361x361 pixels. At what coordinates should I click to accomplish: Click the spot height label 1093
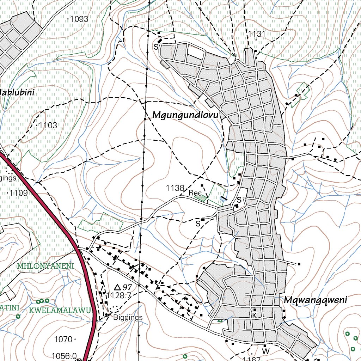79,19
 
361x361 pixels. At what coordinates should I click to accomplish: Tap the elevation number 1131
256,34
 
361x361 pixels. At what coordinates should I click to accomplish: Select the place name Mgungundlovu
186,115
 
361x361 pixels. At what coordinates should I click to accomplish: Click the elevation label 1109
18,193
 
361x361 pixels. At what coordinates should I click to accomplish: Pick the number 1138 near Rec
175,189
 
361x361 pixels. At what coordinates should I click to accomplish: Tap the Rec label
195,193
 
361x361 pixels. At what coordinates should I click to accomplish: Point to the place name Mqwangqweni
315,300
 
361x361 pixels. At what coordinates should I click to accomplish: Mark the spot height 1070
63,339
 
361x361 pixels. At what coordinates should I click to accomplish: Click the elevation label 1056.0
64,356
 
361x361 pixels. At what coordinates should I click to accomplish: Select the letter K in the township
255,316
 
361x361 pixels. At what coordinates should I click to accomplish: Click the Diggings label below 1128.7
128,317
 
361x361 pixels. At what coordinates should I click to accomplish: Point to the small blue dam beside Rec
223,199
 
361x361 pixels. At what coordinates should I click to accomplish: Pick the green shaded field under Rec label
201,198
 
